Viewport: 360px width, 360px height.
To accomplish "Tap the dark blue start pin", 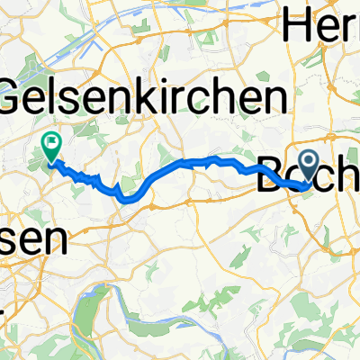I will pos(308,165).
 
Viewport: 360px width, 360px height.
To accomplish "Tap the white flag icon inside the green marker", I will pos(51,140).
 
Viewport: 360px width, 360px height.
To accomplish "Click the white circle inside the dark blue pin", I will pos(308,162).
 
